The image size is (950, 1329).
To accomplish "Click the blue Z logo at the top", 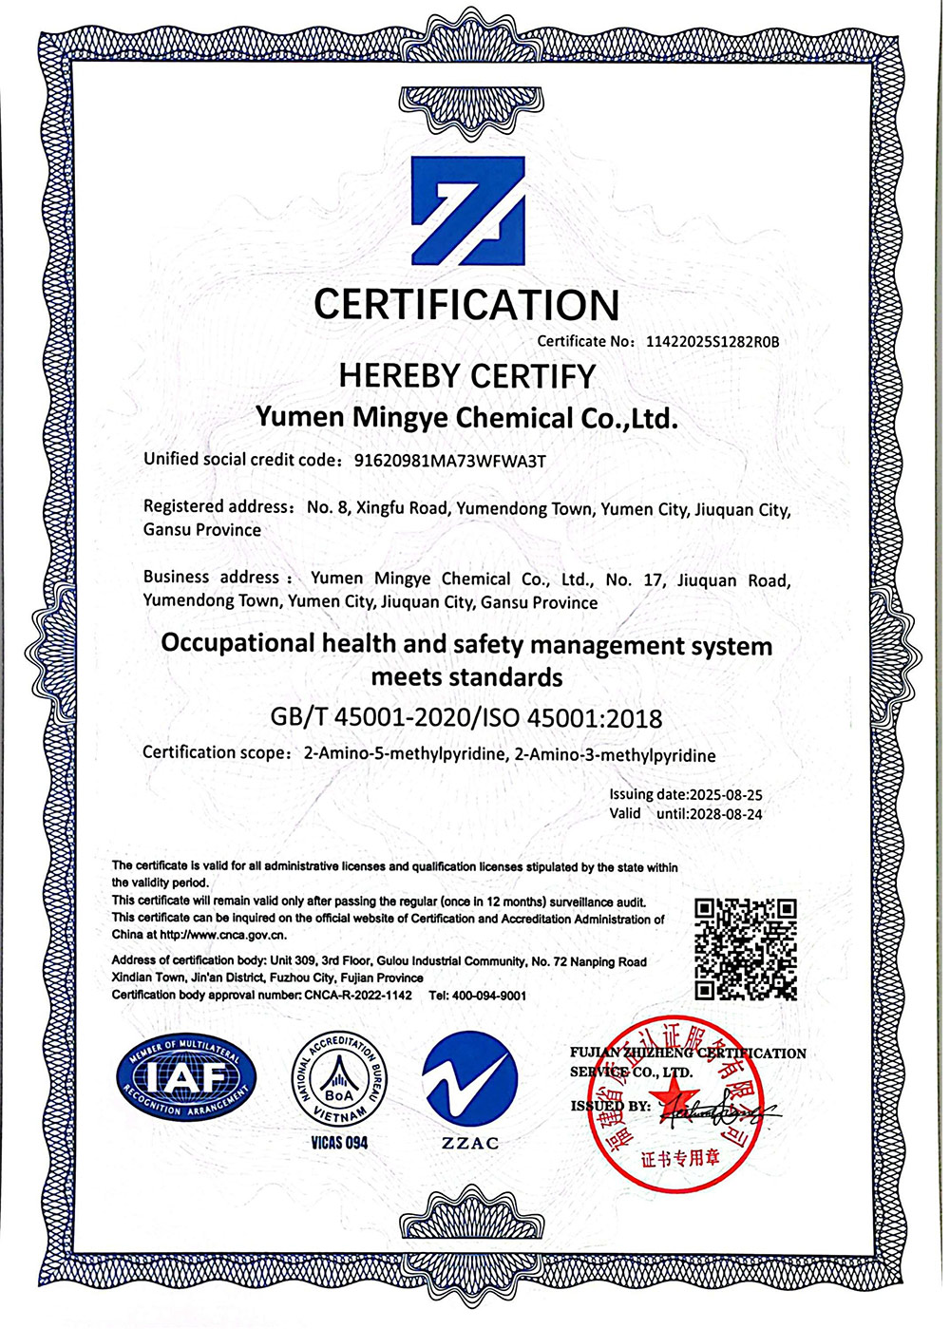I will [467, 210].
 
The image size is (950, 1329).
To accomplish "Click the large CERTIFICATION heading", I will [466, 306].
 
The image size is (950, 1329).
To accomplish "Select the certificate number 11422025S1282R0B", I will [712, 341].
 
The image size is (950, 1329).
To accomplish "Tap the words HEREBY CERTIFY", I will [466, 376].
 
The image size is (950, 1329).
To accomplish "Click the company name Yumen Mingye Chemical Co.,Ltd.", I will [467, 418].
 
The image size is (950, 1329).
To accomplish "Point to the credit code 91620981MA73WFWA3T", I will [450, 462].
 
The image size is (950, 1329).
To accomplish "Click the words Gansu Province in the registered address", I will [202, 530].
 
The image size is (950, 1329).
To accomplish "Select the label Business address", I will [211, 577].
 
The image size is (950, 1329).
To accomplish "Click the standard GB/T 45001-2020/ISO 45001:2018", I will [466, 717].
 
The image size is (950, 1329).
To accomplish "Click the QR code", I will [746, 948].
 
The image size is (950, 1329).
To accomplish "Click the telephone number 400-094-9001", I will [489, 995].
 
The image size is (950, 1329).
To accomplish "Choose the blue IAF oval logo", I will [185, 1078].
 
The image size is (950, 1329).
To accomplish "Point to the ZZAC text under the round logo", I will [469, 1143].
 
